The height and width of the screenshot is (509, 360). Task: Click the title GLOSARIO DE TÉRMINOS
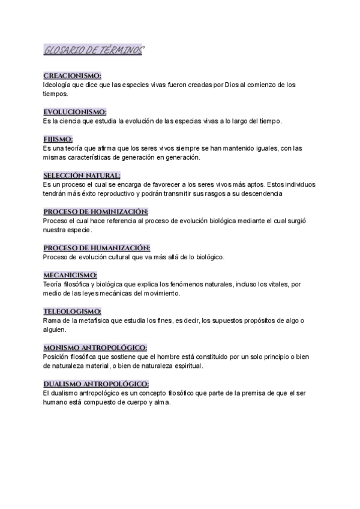point(94,51)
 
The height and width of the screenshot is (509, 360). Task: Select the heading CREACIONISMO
point(73,76)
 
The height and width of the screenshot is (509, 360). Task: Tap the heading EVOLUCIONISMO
point(75,112)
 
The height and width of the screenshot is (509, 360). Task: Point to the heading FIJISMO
point(58,139)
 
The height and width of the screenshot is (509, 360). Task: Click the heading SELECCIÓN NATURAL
point(82,175)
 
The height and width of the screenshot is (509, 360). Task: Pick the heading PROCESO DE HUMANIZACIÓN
point(97,248)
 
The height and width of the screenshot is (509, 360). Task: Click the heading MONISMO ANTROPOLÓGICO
point(95,348)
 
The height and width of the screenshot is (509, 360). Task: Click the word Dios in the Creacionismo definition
point(231,85)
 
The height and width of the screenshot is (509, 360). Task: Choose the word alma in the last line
point(162,402)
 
